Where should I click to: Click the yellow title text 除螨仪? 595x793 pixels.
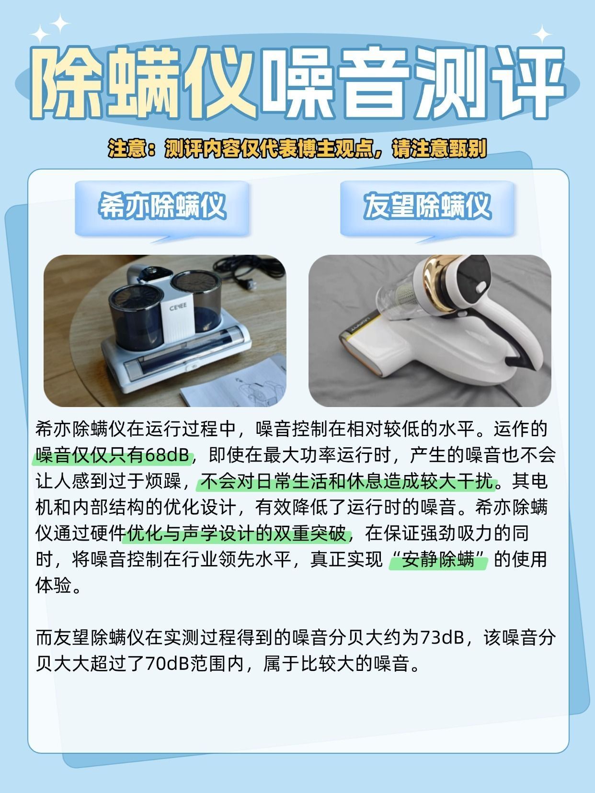pyautogui.click(x=143, y=83)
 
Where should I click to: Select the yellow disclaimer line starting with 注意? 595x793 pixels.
pyautogui.click(x=297, y=148)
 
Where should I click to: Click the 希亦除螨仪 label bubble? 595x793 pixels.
pyautogui.click(x=162, y=209)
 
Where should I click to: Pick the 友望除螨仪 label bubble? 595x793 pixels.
pyautogui.click(x=427, y=209)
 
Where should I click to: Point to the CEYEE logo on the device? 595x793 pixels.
pyautogui.click(x=178, y=306)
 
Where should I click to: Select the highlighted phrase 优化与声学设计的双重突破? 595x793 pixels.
pyautogui.click(x=237, y=533)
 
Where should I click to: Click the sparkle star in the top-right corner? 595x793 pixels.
pyautogui.click(x=542, y=34)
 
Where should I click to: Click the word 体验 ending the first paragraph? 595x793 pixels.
pyautogui.click(x=53, y=586)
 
